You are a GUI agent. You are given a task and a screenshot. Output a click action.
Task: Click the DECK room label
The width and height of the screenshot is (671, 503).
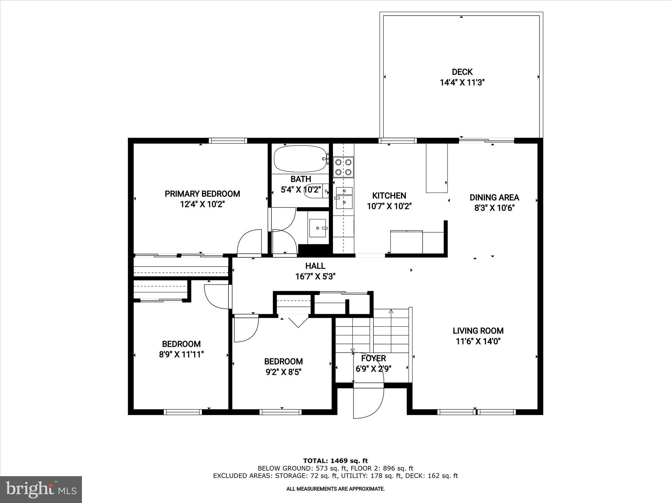[x=462, y=72]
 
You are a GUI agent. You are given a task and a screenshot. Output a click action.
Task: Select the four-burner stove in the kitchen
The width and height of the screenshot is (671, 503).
[x=343, y=167]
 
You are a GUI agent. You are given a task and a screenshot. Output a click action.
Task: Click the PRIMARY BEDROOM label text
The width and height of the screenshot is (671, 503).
[x=202, y=194]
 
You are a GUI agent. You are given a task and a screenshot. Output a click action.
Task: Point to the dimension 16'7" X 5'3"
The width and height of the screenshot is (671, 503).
[x=315, y=277]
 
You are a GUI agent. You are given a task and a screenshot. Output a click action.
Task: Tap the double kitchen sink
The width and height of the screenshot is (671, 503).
[x=344, y=197]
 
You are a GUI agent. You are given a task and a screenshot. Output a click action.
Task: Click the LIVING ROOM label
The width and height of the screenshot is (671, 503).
[x=478, y=331]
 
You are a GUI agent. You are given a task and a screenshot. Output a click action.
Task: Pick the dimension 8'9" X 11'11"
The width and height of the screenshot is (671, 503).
[x=181, y=355]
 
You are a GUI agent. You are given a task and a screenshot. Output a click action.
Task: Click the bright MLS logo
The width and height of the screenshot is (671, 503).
[x=41, y=490]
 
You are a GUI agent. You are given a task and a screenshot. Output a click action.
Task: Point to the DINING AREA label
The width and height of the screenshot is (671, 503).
[x=494, y=197]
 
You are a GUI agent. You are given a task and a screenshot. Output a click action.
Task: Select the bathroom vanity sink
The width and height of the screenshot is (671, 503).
[x=317, y=228]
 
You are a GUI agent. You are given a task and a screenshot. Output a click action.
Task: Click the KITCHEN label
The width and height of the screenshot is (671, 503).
[x=389, y=196]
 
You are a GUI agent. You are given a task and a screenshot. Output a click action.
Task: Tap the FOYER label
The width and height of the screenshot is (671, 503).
[x=374, y=358]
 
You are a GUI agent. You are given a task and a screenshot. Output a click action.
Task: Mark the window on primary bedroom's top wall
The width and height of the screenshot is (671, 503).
[x=228, y=141]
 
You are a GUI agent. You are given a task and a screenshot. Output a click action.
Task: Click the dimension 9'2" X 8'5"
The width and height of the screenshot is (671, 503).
[x=283, y=372]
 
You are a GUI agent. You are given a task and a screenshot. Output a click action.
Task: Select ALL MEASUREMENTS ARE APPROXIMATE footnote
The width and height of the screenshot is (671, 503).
[x=335, y=489]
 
